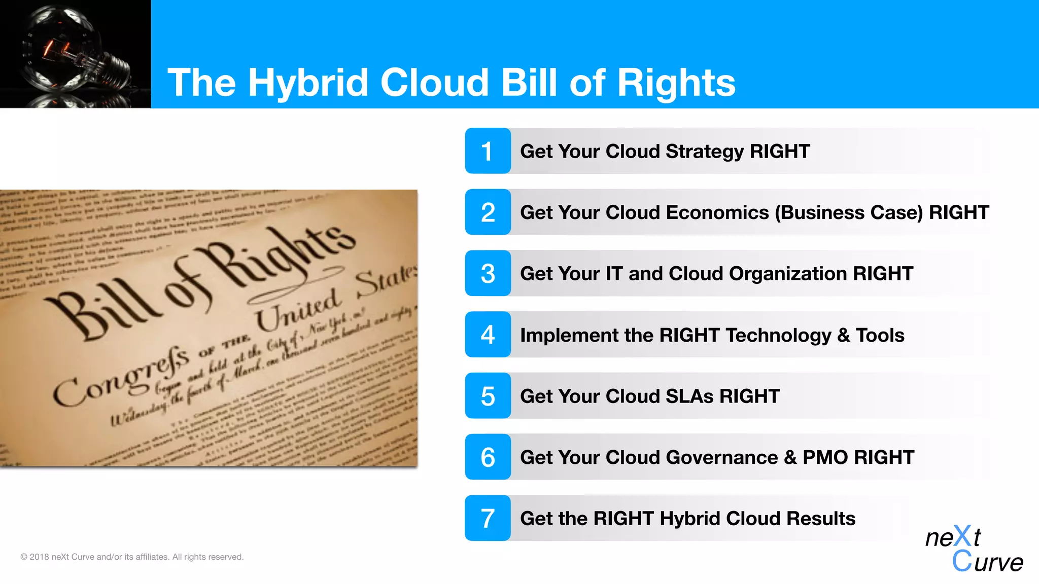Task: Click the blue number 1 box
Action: [x=488, y=151]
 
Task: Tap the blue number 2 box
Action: [x=488, y=212]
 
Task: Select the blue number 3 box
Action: [x=488, y=273]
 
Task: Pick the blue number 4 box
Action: [x=488, y=335]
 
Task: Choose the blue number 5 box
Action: [x=488, y=396]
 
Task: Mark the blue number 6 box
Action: [x=488, y=457]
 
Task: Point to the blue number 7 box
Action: [x=488, y=518]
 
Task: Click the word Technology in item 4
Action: [x=778, y=335]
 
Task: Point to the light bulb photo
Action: [x=75, y=54]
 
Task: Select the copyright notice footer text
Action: [x=132, y=557]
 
